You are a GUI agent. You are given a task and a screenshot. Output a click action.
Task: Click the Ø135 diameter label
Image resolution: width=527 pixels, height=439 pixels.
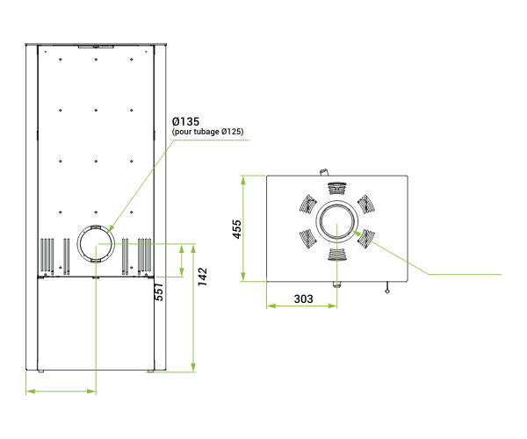click(185, 121)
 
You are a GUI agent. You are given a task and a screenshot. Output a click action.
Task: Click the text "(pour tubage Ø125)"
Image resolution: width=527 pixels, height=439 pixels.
click(207, 132)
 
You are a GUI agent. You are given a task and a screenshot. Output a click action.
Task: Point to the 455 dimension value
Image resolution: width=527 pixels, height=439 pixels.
click(237, 229)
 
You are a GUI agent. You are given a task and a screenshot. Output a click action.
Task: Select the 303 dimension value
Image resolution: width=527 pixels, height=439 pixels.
click(304, 299)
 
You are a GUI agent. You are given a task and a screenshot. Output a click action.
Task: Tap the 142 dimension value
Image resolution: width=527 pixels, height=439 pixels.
click(202, 277)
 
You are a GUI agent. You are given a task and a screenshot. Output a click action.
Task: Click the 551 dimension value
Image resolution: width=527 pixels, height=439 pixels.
click(159, 291)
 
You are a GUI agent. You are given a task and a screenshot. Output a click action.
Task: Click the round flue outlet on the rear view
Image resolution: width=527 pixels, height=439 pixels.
click(96, 243)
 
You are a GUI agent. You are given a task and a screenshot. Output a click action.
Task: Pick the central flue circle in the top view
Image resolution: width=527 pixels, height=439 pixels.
click(336, 221)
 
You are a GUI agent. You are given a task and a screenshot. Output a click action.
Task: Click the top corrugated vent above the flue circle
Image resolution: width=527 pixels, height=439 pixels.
click(336, 189)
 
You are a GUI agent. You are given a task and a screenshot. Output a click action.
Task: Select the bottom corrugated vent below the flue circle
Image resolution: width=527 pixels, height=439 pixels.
click(336, 255)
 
